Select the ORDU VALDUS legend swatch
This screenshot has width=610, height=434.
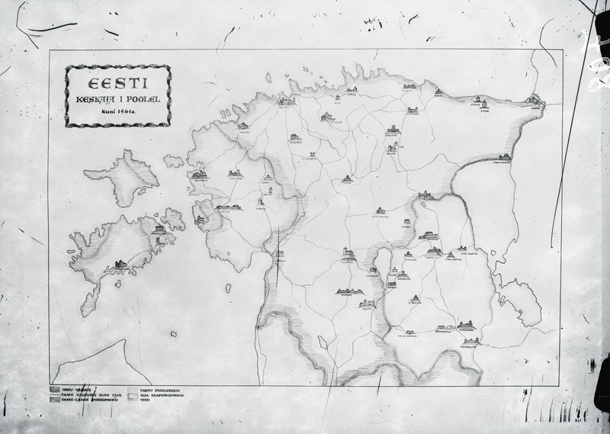click(x=53, y=388)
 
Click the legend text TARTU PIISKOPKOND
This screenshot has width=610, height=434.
click(x=159, y=388)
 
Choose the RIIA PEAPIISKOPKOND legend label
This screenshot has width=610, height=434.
click(x=162, y=394)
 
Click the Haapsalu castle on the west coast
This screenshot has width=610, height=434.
click(x=200, y=175)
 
